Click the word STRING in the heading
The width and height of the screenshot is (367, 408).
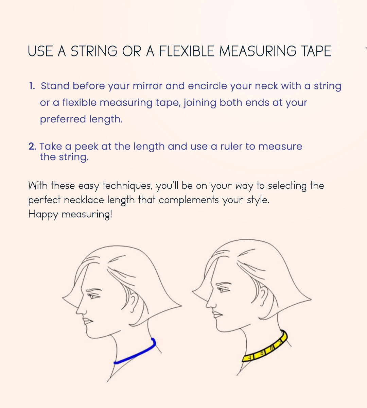pyautogui.click(x=94, y=51)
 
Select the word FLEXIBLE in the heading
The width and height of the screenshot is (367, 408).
pyautogui.click(x=187, y=51)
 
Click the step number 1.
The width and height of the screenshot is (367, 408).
pyautogui.click(x=32, y=86)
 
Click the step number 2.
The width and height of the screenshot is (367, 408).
pyautogui.click(x=32, y=146)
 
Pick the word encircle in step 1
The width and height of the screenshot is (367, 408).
pyautogui.click(x=207, y=86)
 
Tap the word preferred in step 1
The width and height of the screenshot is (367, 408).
pyautogui.click(x=63, y=119)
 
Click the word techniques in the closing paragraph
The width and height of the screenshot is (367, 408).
pyautogui.click(x=127, y=186)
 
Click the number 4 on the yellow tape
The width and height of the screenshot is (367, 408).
pyautogui.click(x=250, y=357)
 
